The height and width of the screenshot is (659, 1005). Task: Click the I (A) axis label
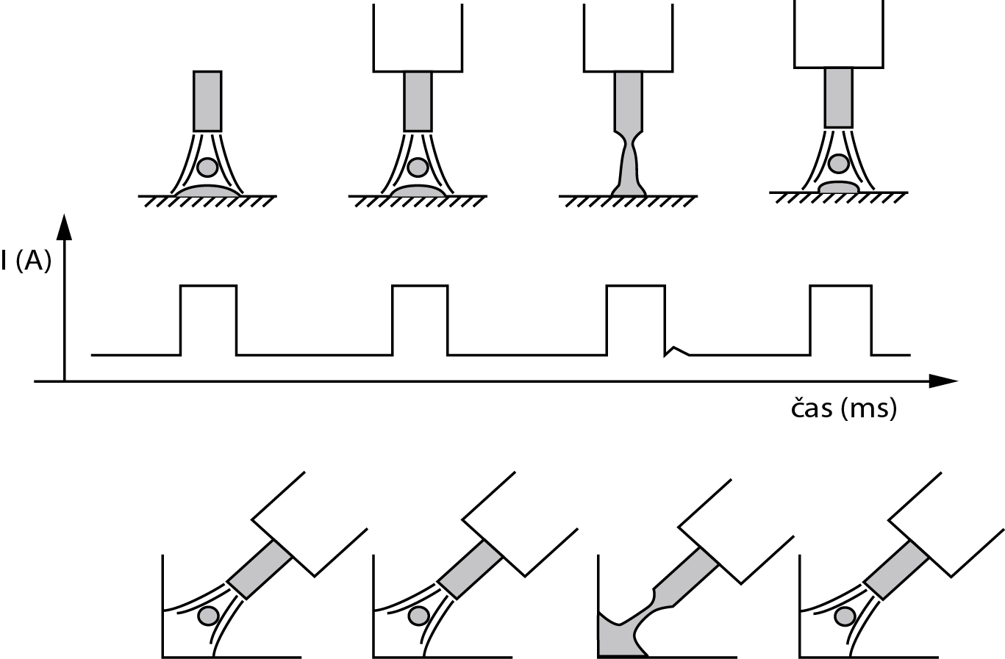pos(26,261)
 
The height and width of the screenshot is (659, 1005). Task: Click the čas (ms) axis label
pos(843,408)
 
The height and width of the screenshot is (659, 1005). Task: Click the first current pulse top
pos(209,286)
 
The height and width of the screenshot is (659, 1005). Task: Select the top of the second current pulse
pos(420,286)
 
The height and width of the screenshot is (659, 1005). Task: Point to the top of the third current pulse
pos(635,286)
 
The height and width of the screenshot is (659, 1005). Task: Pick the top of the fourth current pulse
pos(840,286)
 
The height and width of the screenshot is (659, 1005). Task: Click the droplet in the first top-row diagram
pos(208,168)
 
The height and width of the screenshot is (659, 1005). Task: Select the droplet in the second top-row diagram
pos(418,168)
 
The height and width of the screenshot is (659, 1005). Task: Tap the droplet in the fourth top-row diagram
pos(837,162)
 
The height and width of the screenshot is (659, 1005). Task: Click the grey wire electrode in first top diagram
pos(207,101)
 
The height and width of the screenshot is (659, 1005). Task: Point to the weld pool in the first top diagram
pos(207,191)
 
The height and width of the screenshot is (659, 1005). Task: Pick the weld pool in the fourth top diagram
pos(838,187)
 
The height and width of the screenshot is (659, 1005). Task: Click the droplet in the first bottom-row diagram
pos(208,615)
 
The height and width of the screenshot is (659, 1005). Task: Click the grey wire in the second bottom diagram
pos(473,569)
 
